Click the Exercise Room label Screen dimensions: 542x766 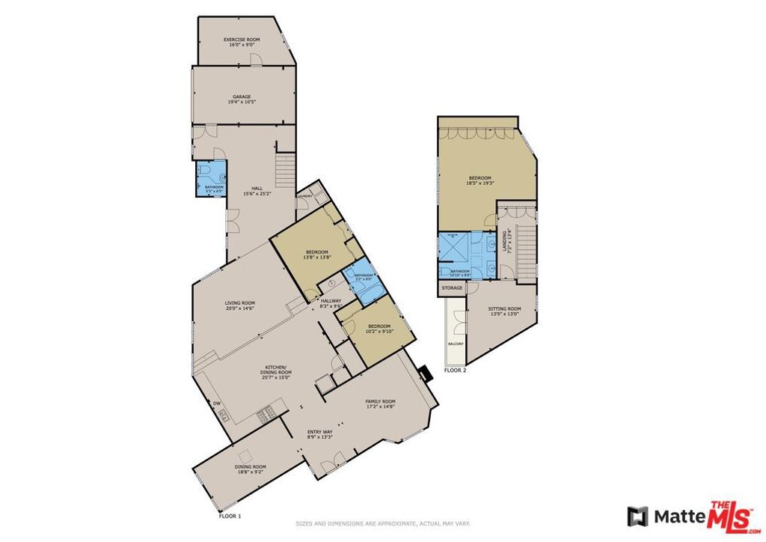pyautogui.click(x=241, y=39)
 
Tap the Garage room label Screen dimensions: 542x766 pyautogui.click(x=241, y=97)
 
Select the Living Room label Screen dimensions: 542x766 pyautogui.click(x=240, y=303)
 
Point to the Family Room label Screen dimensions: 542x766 pyautogui.click(x=380, y=401)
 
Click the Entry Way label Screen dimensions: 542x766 pyautogui.click(x=319, y=432)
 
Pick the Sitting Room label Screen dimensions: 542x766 pyautogui.click(x=504, y=308)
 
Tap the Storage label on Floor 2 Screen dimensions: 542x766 pyautogui.click(x=452, y=288)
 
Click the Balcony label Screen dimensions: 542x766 pyautogui.click(x=456, y=344)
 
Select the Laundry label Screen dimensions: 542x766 pyautogui.click(x=304, y=196)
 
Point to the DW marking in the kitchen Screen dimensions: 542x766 pyautogui.click(x=216, y=404)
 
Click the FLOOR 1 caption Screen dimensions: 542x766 pyautogui.click(x=229, y=517)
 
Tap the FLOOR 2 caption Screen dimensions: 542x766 pyautogui.click(x=455, y=371)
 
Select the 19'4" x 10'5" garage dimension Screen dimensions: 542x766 pyautogui.click(x=241, y=102)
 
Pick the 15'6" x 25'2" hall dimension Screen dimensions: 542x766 pyautogui.click(x=257, y=193)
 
